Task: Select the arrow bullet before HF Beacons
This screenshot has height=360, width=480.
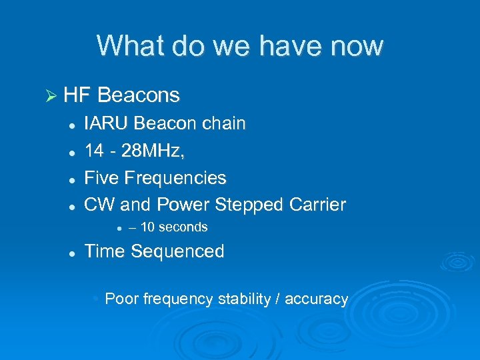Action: pyautogui.click(x=50, y=96)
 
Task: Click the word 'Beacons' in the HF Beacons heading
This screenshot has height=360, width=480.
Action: pyautogui.click(x=139, y=95)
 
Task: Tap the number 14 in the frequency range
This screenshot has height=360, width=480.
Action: pyautogui.click(x=94, y=151)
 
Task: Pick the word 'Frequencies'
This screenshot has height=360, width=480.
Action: pyautogui.click(x=175, y=178)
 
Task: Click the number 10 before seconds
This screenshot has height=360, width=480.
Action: pyautogui.click(x=148, y=227)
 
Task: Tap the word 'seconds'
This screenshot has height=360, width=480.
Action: pyautogui.click(x=183, y=227)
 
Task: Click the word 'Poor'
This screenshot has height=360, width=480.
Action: pyautogui.click(x=119, y=299)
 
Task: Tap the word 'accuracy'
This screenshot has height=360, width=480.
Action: pyautogui.click(x=317, y=299)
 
